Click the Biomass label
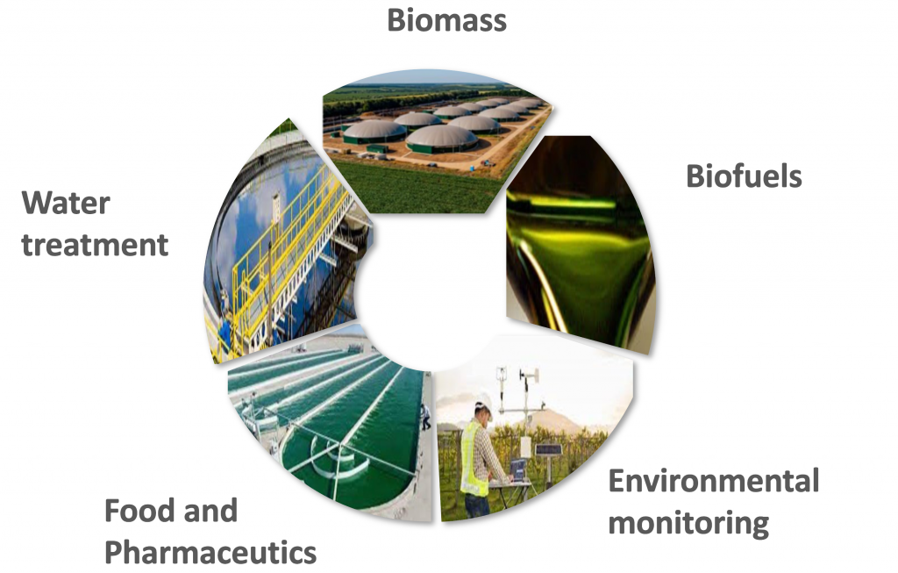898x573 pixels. click(x=446, y=20)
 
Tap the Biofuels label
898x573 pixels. click(x=744, y=175)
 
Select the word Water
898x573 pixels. click(x=66, y=203)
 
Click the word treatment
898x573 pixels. click(x=95, y=245)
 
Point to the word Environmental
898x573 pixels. click(x=714, y=481)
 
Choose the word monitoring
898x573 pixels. click(x=688, y=523)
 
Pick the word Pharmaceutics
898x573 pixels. click(x=210, y=552)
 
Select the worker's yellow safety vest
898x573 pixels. click(x=474, y=457)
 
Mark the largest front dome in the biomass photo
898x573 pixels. click(x=442, y=139)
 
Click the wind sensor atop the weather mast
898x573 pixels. click(x=530, y=376)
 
